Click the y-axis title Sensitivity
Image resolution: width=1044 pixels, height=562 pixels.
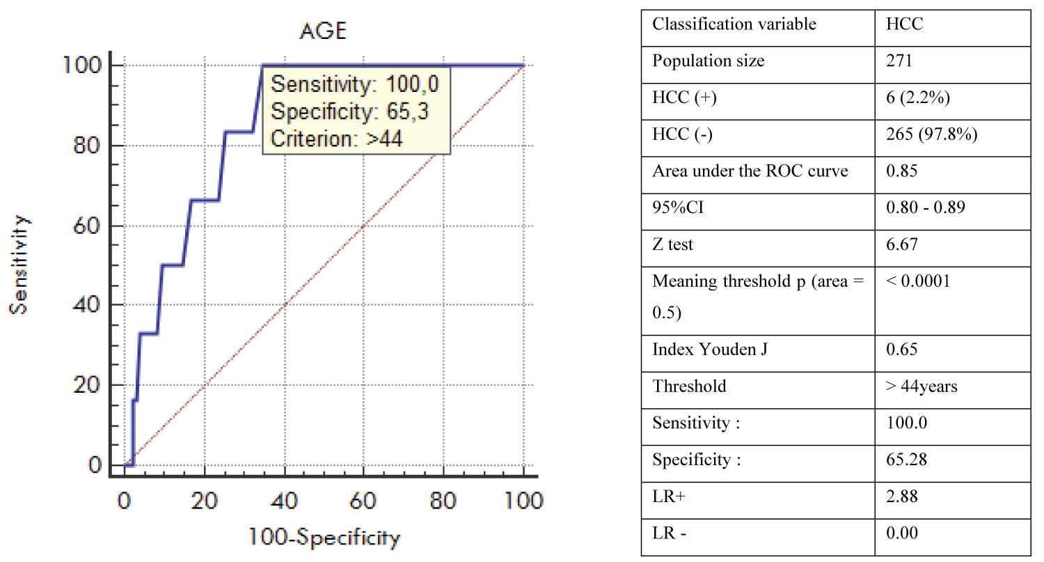point(20,264)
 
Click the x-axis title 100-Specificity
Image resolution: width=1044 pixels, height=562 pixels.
point(324,538)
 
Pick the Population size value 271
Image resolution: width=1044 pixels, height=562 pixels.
point(899,61)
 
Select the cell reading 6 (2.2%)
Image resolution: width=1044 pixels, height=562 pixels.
point(915,98)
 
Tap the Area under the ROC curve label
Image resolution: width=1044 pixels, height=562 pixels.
point(750,171)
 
